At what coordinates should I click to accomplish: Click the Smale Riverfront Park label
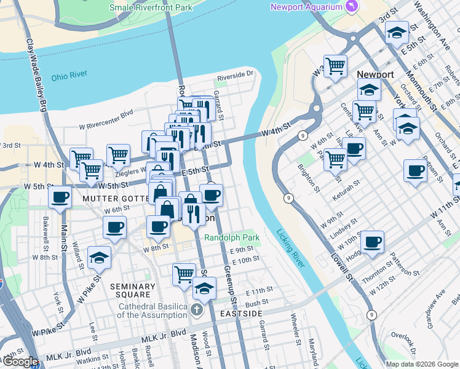[151, 7]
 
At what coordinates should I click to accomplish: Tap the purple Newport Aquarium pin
[351, 7]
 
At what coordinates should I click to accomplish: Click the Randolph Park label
[232, 237]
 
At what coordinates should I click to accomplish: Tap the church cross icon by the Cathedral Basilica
[196, 309]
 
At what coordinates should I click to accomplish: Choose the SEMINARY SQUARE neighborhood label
[133, 291]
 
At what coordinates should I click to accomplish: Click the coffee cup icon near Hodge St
[372, 241]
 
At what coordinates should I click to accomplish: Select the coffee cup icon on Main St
[60, 197]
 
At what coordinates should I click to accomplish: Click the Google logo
[20, 362]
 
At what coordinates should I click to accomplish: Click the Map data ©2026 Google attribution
[421, 364]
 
